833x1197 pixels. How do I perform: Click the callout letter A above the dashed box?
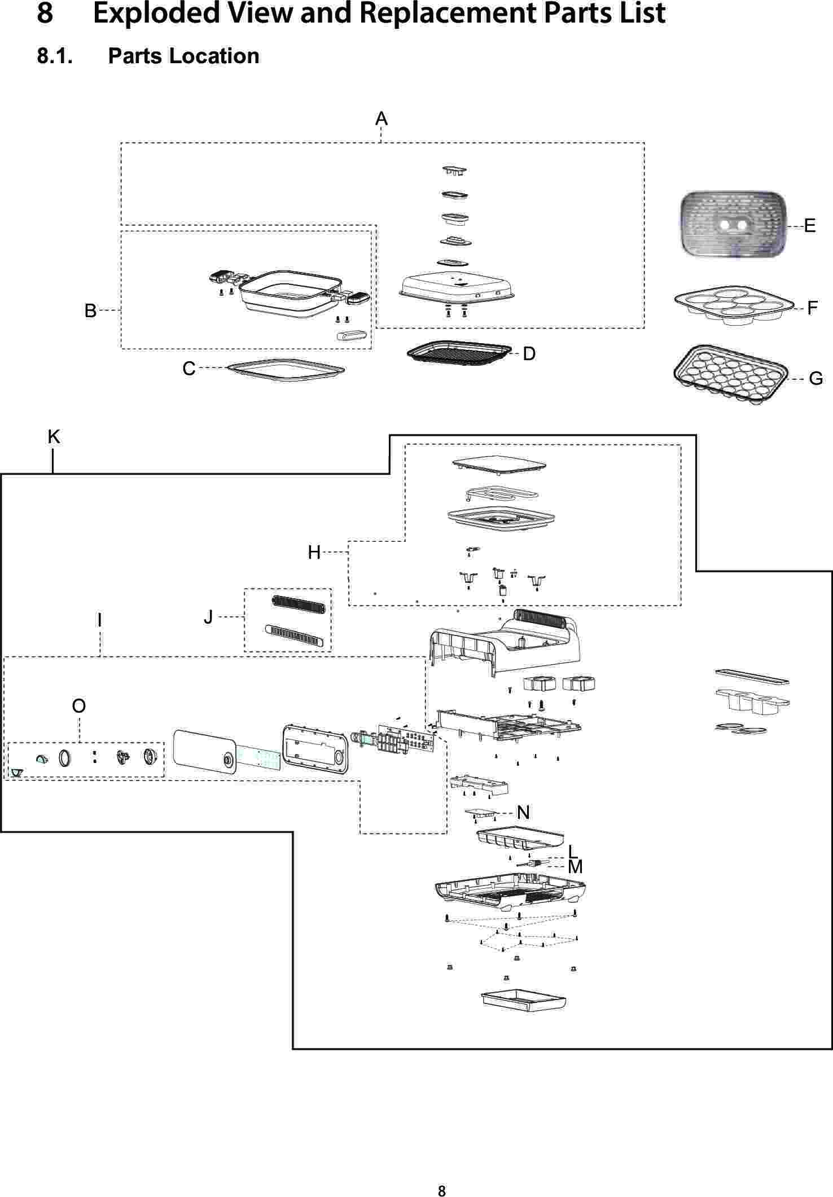tap(382, 119)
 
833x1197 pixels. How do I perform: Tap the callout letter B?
tap(90, 310)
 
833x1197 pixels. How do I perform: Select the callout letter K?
tap(54, 436)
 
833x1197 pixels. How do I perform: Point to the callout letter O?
tap(79, 706)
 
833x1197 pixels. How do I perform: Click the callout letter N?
tap(523, 812)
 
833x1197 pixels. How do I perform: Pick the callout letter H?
tap(314, 553)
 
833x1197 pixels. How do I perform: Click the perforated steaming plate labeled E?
tap(734, 225)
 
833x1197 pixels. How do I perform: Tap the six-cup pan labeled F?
tap(734, 308)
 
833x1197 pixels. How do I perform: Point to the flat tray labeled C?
tap(286, 370)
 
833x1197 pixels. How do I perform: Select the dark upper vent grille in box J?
tap(298, 604)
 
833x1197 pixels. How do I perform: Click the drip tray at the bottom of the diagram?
tap(523, 1001)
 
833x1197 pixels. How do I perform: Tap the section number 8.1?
tap(55, 56)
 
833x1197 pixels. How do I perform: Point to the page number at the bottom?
tap(442, 1176)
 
